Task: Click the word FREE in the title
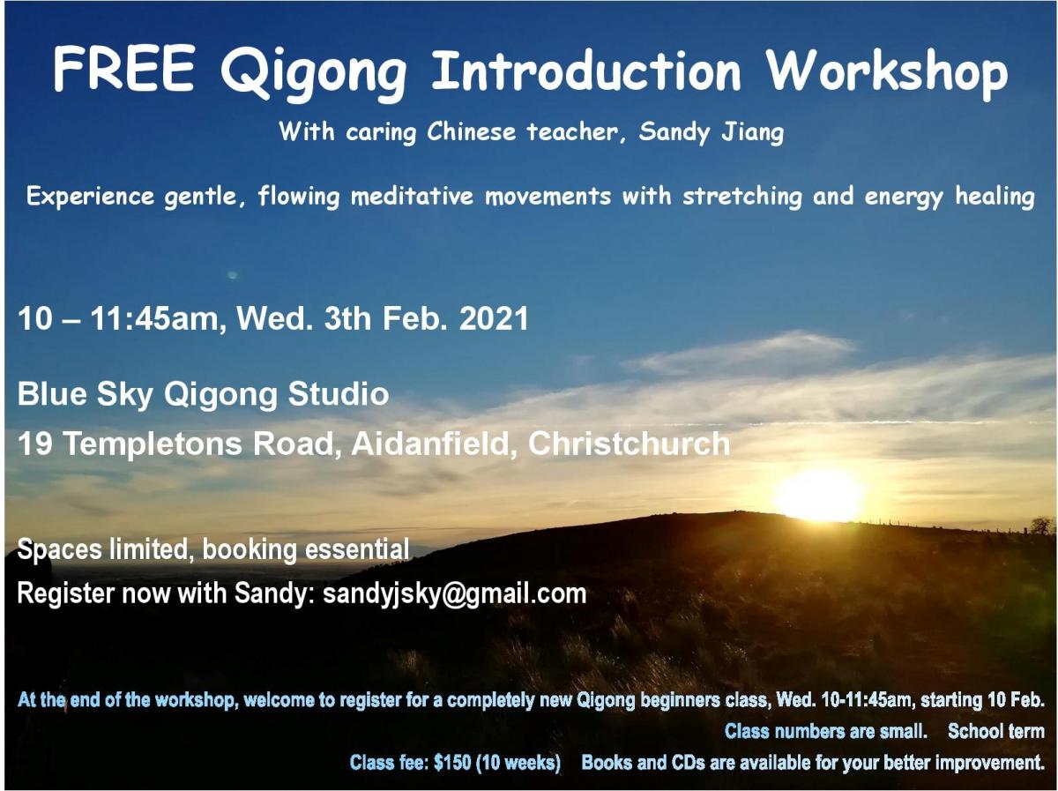tap(123, 69)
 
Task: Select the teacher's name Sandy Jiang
tap(712, 131)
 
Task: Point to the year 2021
tap(494, 318)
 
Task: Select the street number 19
tap(34, 443)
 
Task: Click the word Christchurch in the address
tap(629, 443)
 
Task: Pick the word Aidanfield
tap(431, 443)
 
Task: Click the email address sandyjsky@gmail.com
tap(455, 593)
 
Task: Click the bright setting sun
tap(818, 493)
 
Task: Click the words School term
tap(995, 731)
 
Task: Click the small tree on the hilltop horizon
tap(1041, 525)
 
